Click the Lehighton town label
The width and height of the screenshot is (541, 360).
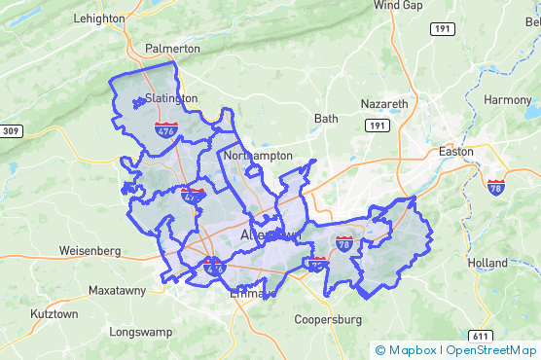[98, 18]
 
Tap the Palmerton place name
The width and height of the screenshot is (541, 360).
[172, 48]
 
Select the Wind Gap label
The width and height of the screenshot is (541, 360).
[398, 5]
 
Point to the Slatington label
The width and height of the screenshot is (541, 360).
[170, 98]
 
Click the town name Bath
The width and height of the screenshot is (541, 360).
[326, 119]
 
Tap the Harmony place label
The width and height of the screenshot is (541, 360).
[508, 100]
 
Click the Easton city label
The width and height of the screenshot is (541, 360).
[455, 152]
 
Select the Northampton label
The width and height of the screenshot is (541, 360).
[258, 155]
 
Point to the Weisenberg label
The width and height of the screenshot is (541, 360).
[90, 250]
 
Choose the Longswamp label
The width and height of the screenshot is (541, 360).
[141, 332]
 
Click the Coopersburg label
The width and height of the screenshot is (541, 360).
[328, 319]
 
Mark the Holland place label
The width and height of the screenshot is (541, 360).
[487, 263]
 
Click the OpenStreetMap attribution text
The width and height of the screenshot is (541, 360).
[490, 350]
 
